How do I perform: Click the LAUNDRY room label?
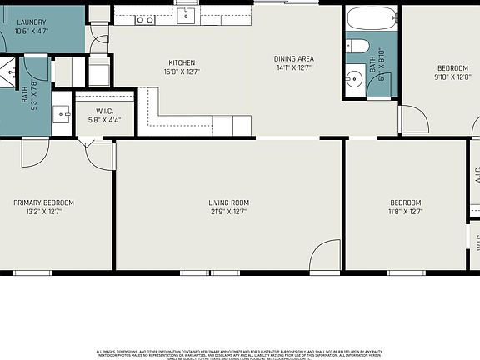point(30,22)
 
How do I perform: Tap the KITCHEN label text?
point(182,62)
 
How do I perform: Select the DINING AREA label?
point(294,58)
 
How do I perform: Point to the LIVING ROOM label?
point(228,202)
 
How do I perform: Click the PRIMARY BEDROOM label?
point(43,202)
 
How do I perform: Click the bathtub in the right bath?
point(372,20)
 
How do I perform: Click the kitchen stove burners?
point(145,18)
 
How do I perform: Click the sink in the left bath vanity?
point(62,112)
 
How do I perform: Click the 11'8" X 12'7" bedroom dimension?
point(406,212)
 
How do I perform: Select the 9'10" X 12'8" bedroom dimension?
point(452,77)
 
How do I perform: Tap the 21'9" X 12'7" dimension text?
point(228,212)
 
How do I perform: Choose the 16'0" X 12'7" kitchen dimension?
point(182,72)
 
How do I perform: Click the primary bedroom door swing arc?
point(36,152)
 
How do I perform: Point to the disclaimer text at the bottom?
point(240,354)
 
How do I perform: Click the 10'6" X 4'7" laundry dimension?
point(30,31)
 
